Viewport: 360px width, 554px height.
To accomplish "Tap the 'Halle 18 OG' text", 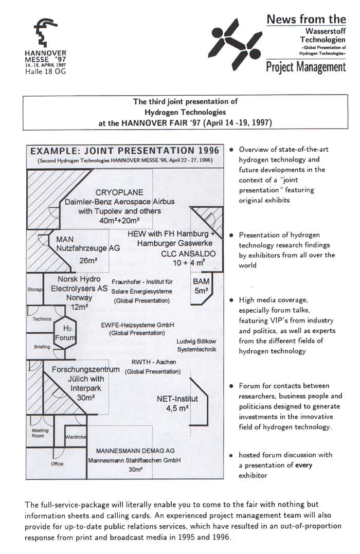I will [x=45, y=71].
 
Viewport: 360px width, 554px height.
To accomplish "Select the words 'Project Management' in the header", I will [x=306, y=67].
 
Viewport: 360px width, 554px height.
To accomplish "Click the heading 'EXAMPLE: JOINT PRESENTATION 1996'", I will [x=125, y=151].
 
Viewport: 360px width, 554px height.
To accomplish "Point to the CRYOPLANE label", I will [x=119, y=192].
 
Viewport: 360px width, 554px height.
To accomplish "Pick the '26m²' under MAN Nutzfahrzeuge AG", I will [x=88, y=260].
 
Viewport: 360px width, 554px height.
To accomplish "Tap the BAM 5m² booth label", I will [x=200, y=286].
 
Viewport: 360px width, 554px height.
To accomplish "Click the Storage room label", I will [x=34, y=290].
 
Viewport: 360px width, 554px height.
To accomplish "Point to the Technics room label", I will [x=42, y=319].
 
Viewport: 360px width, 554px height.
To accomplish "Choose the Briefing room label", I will [x=42, y=347].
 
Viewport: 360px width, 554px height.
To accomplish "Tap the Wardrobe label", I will [x=76, y=437].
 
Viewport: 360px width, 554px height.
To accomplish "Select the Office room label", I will [x=57, y=463].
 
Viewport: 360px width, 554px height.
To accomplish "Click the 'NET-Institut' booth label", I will [x=177, y=398].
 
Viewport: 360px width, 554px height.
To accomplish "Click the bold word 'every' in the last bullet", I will [x=303, y=465].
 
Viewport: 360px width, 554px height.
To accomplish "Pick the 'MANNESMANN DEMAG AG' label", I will [x=135, y=451].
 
